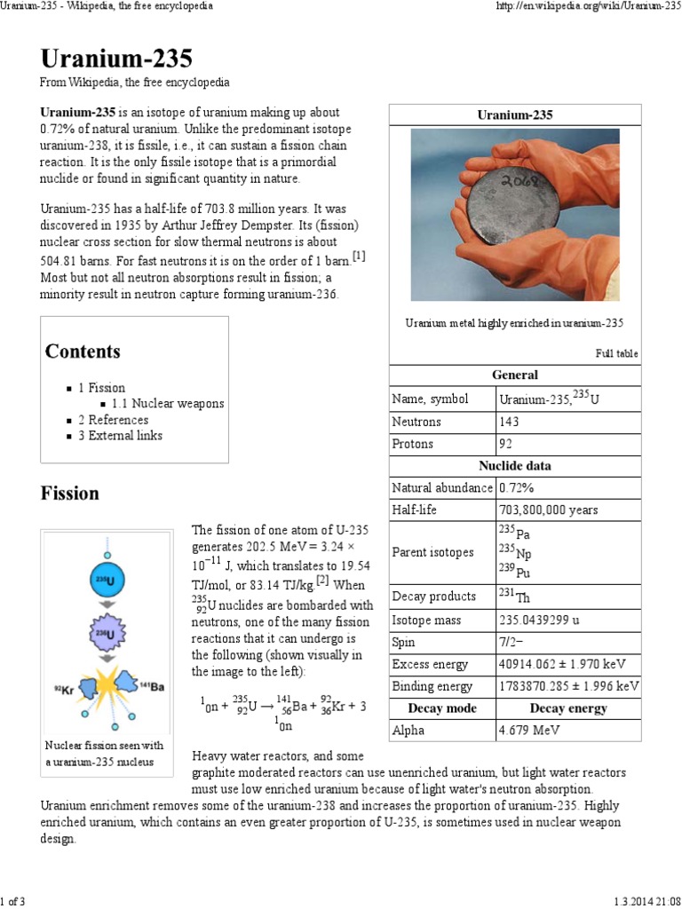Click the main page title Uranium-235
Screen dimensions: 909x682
click(x=115, y=59)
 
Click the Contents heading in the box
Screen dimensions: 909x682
click(x=83, y=352)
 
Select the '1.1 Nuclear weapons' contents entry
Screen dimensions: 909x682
click(x=168, y=404)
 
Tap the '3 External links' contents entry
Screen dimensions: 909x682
click(x=125, y=436)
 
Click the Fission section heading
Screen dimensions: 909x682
click(x=70, y=494)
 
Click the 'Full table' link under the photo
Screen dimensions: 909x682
click(x=615, y=353)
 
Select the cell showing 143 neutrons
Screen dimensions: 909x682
click(x=510, y=422)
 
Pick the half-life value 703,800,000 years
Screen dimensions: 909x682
click(x=549, y=510)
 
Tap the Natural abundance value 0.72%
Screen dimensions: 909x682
click(x=515, y=488)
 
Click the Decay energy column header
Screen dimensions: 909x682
click(x=567, y=708)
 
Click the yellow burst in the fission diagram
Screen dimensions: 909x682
click(x=108, y=683)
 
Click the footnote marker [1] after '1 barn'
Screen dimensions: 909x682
click(x=359, y=257)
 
